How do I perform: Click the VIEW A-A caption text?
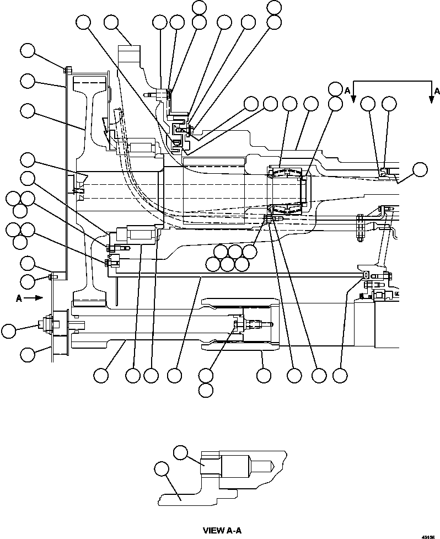[x=222, y=531]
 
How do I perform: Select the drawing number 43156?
[x=428, y=536]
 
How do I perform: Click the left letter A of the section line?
[x=346, y=89]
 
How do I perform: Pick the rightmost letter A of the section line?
[x=437, y=90]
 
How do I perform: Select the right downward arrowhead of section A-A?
[x=431, y=99]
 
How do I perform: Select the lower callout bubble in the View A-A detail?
[x=161, y=469]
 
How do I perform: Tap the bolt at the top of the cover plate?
[x=66, y=70]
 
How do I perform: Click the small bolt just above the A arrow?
[x=51, y=276]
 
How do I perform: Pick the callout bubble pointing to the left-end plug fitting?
[x=8, y=331]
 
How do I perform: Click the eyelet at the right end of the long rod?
[x=364, y=274]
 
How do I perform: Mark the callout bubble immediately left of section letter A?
[x=335, y=89]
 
